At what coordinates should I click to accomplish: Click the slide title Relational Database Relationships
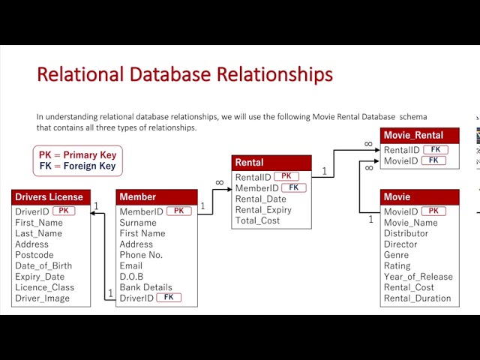184,75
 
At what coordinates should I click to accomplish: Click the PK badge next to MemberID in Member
178,211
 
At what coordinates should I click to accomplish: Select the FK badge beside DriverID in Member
169,298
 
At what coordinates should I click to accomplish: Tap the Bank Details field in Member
145,287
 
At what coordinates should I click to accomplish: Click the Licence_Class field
44,287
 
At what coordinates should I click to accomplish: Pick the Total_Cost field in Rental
257,220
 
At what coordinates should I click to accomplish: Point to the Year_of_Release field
418,277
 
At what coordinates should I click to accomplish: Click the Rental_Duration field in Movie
417,298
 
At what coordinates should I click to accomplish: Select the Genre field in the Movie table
397,255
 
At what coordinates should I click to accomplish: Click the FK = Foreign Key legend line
77,166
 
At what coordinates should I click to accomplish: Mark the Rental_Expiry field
263,210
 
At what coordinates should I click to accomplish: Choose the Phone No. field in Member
141,255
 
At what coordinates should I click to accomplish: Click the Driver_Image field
42,298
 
